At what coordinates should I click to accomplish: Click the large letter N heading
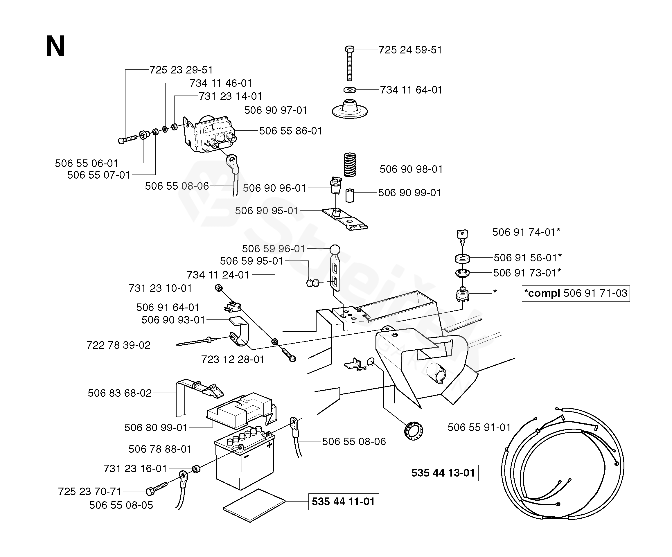click(x=55, y=47)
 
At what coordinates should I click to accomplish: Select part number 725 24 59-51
click(x=410, y=50)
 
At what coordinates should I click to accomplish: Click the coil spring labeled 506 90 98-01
click(x=350, y=165)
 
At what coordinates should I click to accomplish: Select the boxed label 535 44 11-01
click(x=343, y=501)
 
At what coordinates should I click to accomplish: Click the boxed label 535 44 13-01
click(x=443, y=472)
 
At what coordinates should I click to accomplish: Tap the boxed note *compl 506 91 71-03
click(x=575, y=293)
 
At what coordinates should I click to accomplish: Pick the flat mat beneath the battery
click(x=254, y=505)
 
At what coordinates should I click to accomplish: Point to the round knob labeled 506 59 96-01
click(x=335, y=249)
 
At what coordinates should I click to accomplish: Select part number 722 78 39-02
click(x=118, y=345)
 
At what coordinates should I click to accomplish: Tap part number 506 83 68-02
click(x=120, y=393)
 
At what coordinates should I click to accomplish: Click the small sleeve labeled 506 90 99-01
click(x=349, y=195)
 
